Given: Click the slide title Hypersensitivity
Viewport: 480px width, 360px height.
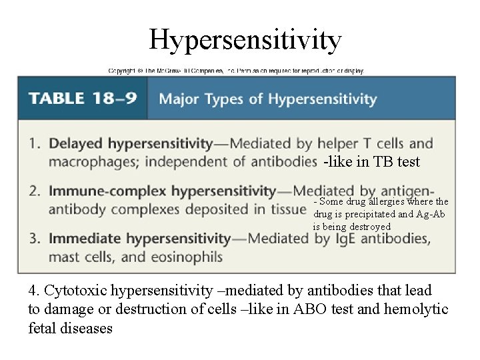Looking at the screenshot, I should click(x=245, y=39).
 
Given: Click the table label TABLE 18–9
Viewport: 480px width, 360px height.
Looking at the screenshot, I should click(x=83, y=99).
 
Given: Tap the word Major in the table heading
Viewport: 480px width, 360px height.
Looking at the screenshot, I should click(x=179, y=99).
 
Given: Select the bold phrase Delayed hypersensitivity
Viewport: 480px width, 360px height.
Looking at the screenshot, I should click(x=131, y=143).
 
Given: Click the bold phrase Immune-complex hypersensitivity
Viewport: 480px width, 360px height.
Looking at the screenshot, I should click(x=163, y=191).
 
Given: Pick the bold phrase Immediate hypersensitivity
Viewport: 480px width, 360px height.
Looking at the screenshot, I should click(x=140, y=239).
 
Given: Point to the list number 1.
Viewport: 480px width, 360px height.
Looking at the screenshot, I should click(x=34, y=143).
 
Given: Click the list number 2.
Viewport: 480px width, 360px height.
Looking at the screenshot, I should click(x=34, y=191).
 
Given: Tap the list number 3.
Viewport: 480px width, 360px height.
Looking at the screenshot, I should click(x=34, y=239).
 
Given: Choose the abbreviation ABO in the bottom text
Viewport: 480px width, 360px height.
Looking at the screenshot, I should click(x=331, y=309).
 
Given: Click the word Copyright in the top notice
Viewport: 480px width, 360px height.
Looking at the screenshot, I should click(x=121, y=70).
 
